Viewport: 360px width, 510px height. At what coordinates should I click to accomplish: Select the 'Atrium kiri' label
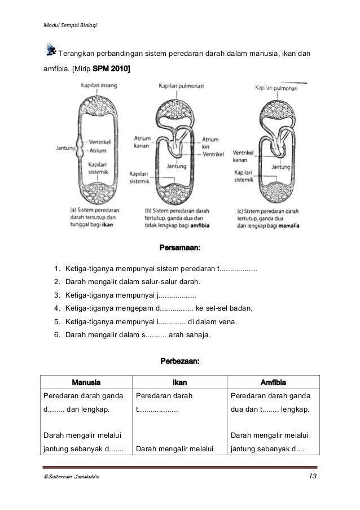point(210,142)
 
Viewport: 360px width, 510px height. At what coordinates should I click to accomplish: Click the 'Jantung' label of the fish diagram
point(67,149)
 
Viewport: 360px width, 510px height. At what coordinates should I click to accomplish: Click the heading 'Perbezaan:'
point(181,360)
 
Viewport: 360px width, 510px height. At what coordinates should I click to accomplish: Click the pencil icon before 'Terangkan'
point(50,50)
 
